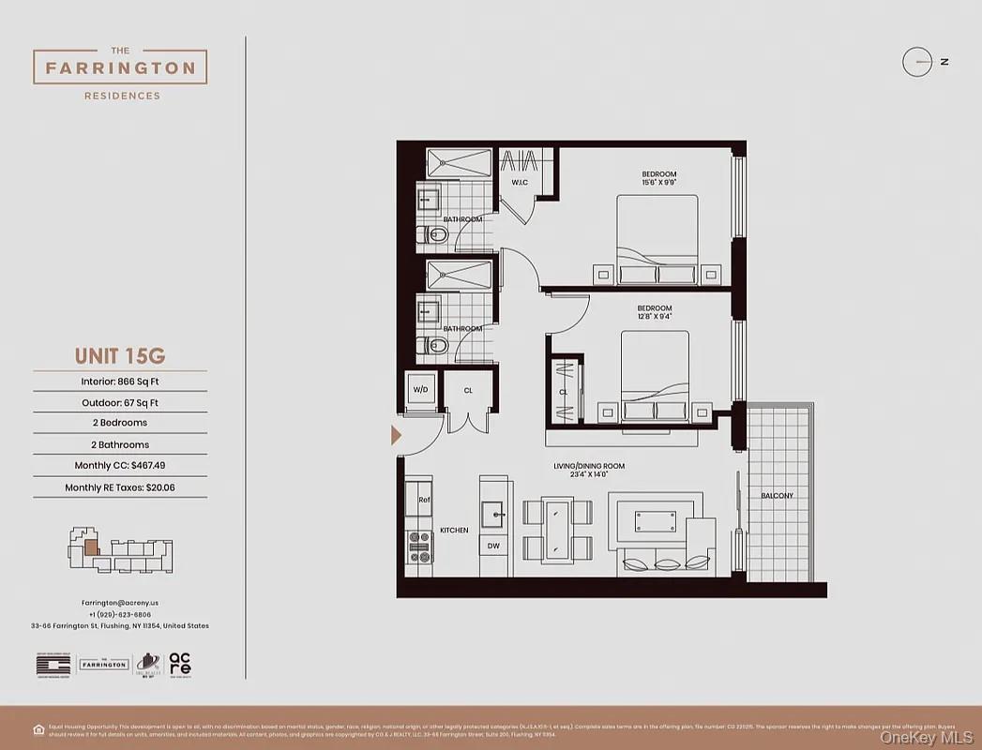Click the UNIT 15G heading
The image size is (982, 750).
pos(119,356)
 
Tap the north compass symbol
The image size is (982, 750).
pos(916,62)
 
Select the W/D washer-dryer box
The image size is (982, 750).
pos(418,389)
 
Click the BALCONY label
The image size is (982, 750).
pos(777,496)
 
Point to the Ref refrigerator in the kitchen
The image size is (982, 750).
pos(423,500)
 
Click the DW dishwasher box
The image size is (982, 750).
pos(493,545)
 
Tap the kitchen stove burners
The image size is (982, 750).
pos(419,547)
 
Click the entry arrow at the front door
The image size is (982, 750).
pos(396,435)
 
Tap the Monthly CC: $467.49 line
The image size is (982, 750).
pos(119,466)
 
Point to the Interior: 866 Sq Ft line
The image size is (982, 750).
pos(119,382)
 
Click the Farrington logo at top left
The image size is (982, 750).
pos(120,67)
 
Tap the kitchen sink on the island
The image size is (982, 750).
pos(492,512)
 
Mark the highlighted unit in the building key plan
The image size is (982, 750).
pos(90,547)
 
